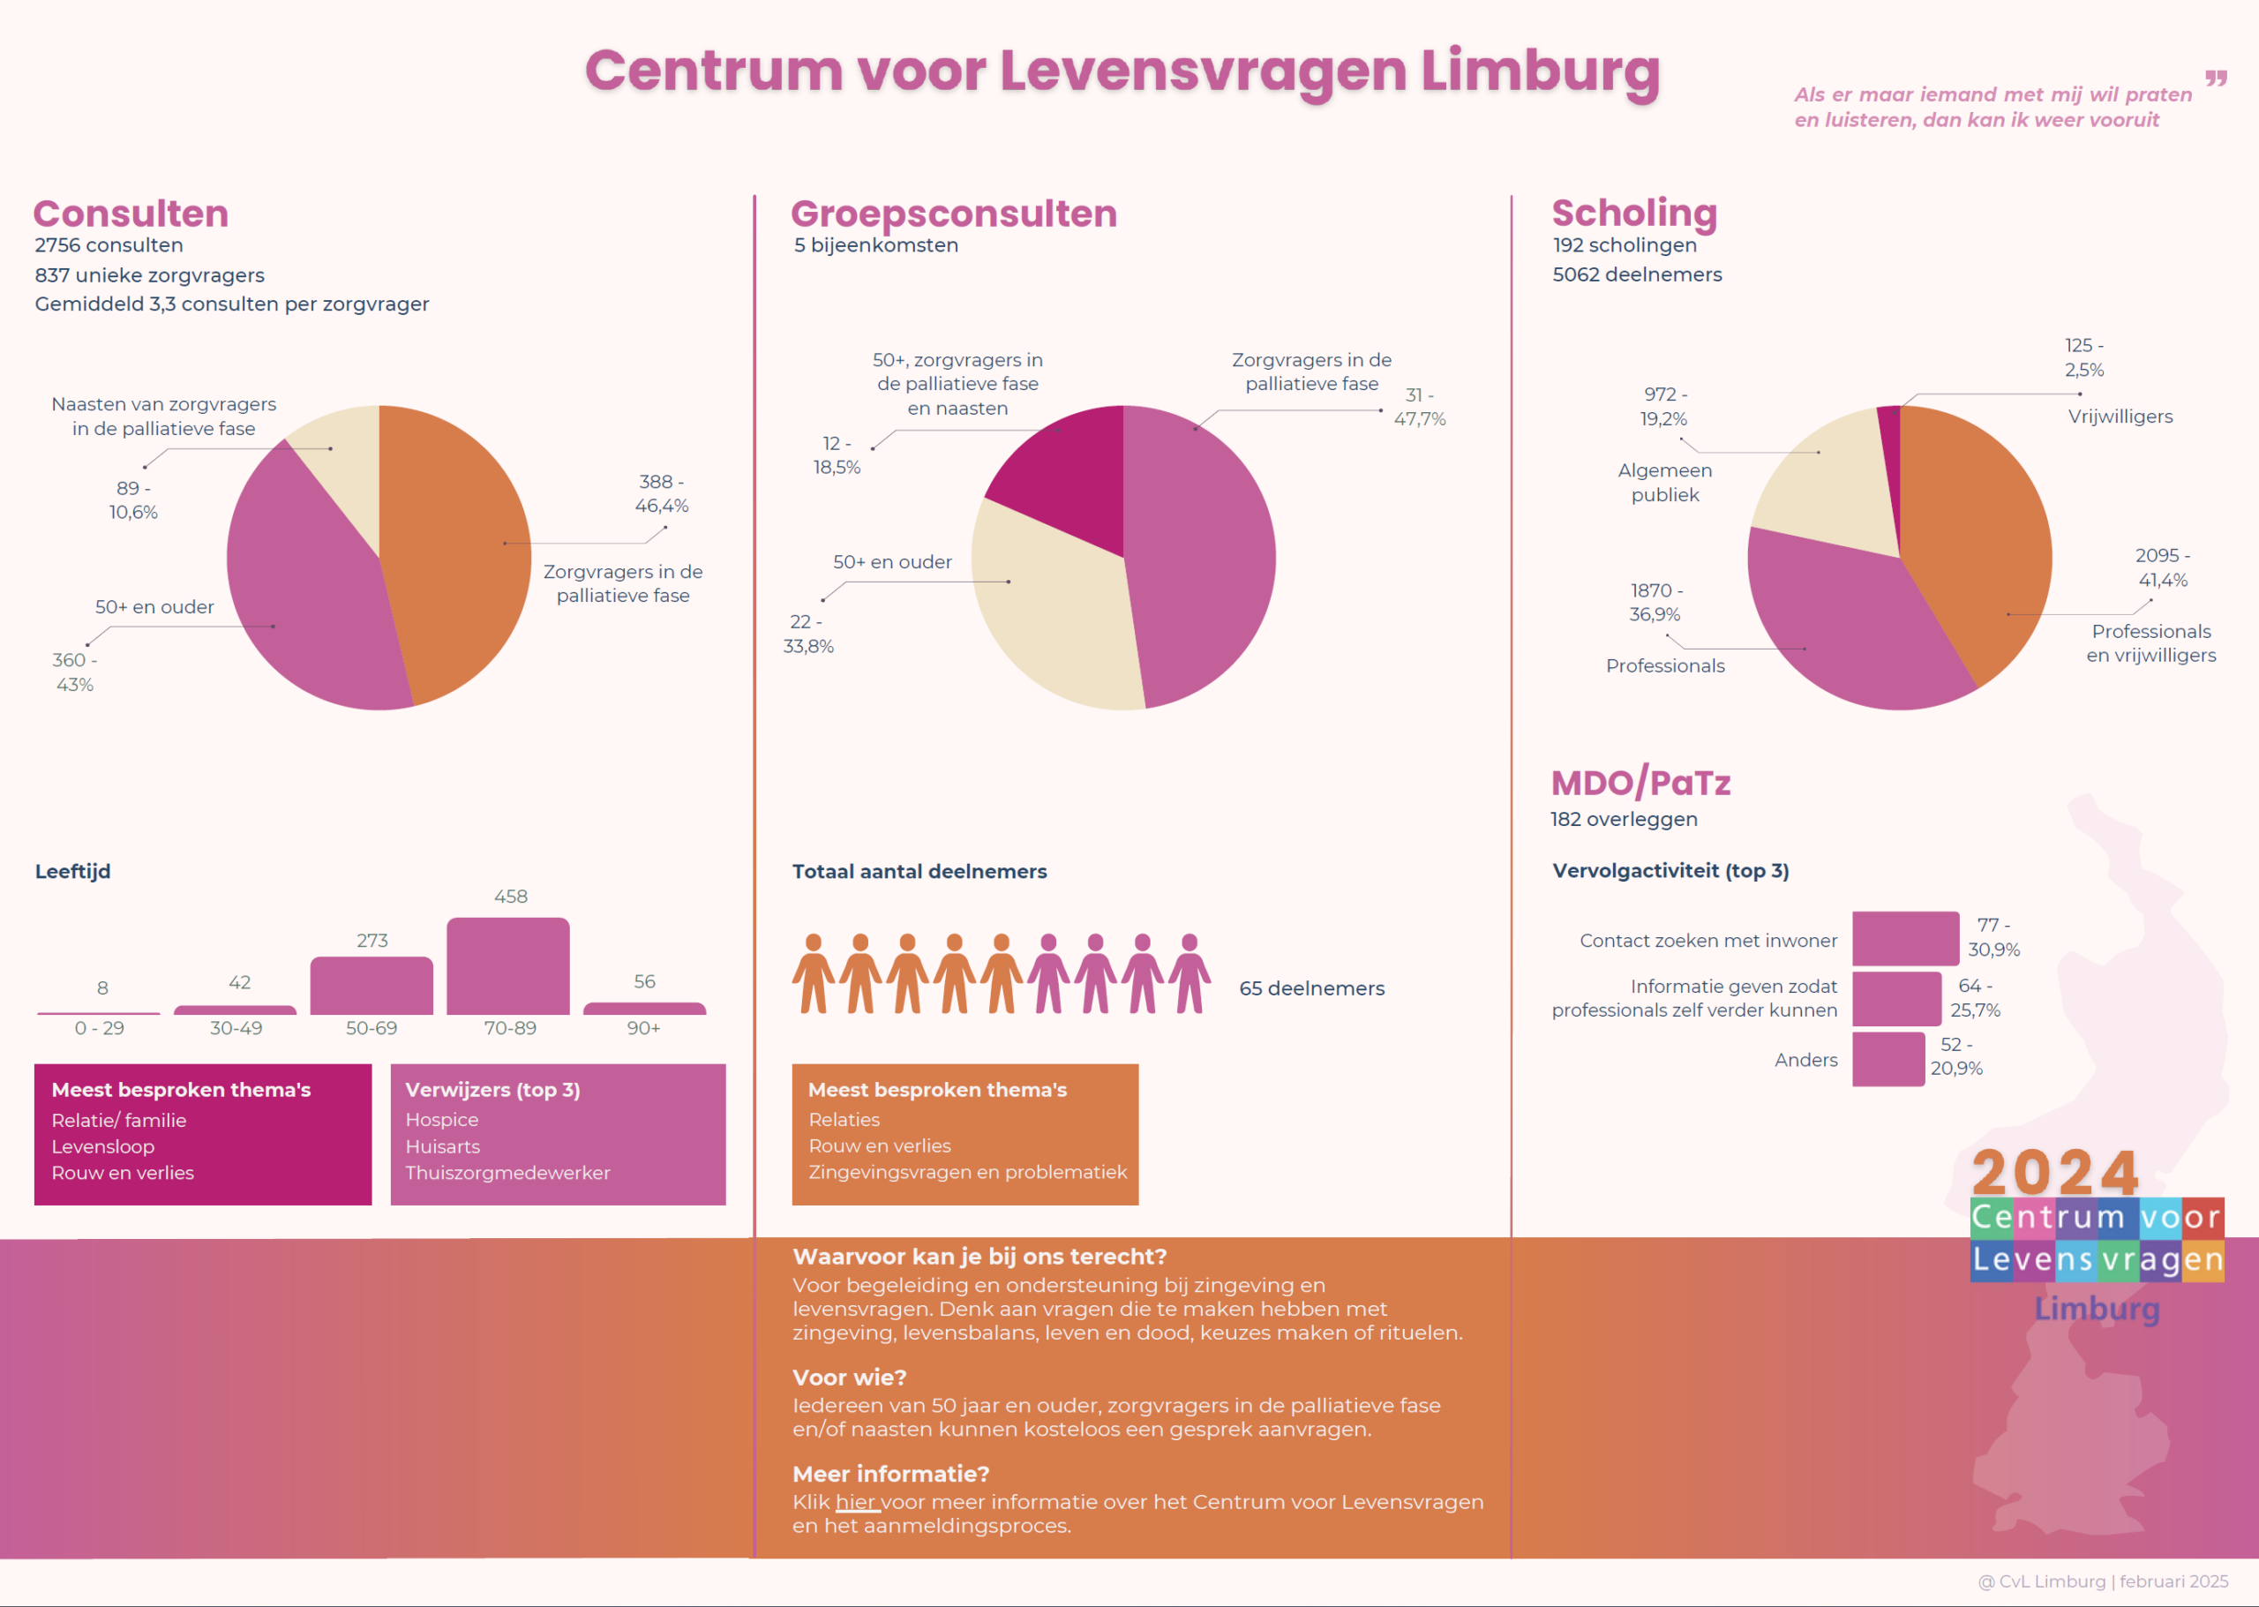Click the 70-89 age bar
[x=507, y=967]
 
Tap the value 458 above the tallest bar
[x=511, y=897]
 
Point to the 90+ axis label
[x=643, y=1028]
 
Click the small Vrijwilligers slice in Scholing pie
[x=1889, y=435]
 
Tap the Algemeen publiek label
[x=1664, y=483]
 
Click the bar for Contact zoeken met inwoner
[x=1905, y=938]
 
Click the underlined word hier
[x=856, y=1502]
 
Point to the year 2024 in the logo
[x=2055, y=1173]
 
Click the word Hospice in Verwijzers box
[x=441, y=1119]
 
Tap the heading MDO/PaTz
[x=1640, y=783]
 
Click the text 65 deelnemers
[x=1311, y=988]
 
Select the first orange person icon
[x=814, y=973]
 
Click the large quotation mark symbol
[x=2216, y=79]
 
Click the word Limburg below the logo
[x=2097, y=1309]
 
